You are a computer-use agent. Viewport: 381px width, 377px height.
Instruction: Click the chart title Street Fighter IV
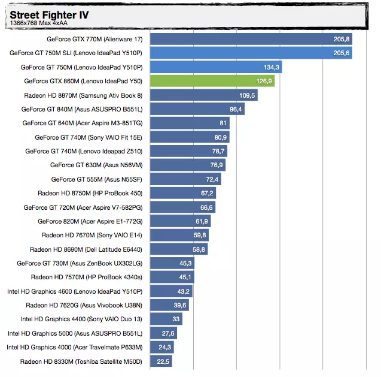pos(48,14)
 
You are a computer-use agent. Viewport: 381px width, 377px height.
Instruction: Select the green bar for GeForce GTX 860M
pos(212,81)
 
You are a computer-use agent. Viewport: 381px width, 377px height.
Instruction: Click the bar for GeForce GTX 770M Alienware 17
pos(250,39)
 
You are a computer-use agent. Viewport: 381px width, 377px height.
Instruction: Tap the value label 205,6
pos(342,53)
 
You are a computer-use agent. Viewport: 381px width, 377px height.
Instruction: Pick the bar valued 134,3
pos(215,67)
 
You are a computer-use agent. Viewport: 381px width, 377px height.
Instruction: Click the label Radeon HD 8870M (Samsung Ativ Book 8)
pos(83,95)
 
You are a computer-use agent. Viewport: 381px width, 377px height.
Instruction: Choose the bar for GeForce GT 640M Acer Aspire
pos(190,123)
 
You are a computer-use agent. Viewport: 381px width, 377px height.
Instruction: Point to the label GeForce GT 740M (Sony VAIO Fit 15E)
pos(89,137)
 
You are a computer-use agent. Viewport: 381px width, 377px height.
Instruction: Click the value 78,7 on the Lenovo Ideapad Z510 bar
pos(218,151)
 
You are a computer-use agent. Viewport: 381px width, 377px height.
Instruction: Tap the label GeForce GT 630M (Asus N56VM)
pos(96,165)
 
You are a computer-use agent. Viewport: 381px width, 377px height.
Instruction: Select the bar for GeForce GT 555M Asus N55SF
pos(185,179)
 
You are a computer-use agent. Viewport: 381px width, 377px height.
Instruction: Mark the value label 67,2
pos(207,193)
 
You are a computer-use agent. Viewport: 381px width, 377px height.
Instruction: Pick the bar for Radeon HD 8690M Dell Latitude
pos(179,249)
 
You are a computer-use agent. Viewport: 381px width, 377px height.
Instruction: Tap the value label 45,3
pos(185,263)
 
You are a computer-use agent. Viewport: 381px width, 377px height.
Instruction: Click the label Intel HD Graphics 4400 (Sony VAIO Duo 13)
pos(81,319)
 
